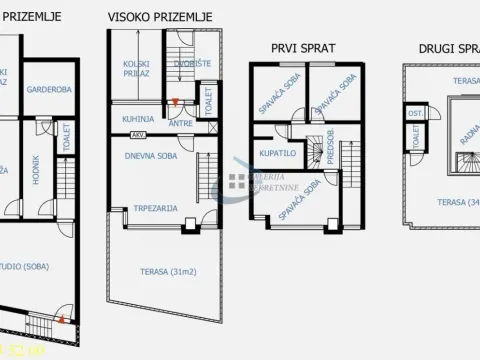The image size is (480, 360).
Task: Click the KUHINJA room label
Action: (x=138, y=118)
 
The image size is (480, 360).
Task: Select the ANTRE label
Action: (x=180, y=123)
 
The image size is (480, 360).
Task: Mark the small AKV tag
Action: (x=138, y=133)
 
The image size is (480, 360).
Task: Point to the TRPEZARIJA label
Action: (x=156, y=208)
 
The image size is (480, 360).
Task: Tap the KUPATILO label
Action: (x=276, y=154)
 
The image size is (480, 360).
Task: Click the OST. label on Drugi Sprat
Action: (x=414, y=113)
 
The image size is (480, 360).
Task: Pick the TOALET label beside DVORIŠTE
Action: (x=207, y=100)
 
